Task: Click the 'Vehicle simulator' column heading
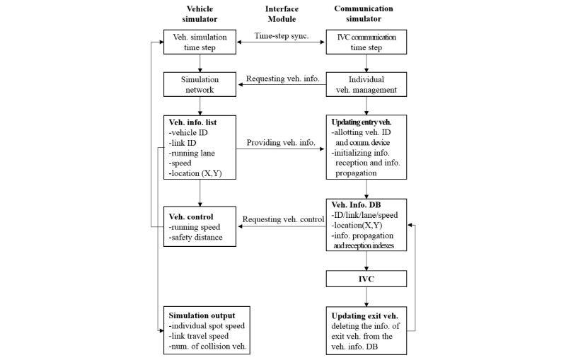[200, 14]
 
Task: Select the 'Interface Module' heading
[282, 14]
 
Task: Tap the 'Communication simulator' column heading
[364, 13]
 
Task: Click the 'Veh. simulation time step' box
[200, 42]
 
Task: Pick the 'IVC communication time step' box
[366, 42]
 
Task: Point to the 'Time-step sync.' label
[282, 35]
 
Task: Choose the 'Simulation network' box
[200, 84]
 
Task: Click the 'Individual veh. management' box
[366, 84]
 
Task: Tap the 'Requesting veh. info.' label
[282, 79]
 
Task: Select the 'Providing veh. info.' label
[281, 142]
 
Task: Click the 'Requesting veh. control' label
[283, 219]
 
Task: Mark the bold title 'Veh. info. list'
[192, 122]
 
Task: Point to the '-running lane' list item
[192, 153]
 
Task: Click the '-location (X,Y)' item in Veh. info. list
[195, 173]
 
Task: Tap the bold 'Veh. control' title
[191, 217]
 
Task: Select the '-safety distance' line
[196, 238]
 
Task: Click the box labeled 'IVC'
[366, 279]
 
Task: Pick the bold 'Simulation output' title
[202, 315]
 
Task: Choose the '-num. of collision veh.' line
[207, 347]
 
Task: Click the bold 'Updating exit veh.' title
[364, 316]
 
